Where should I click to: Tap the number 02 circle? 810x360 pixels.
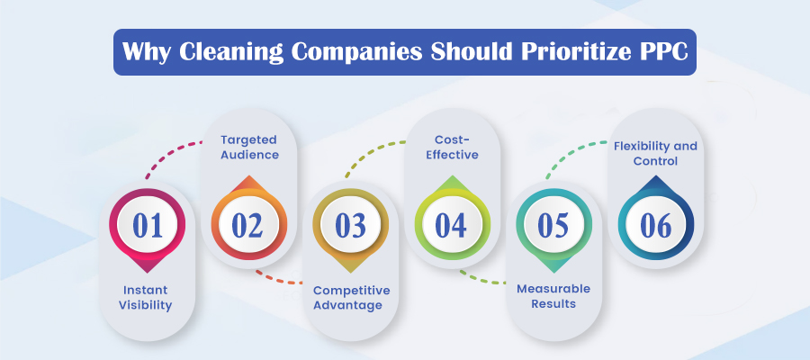pos(248,225)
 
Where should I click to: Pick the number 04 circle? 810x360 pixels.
pos(452,225)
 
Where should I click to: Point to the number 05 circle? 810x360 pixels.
pos(553,225)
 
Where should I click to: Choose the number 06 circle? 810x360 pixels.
pos(655,225)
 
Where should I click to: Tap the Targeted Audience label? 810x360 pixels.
pos(249,148)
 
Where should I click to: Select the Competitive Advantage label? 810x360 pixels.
pos(350,297)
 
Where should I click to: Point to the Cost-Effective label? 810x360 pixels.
pos(452,148)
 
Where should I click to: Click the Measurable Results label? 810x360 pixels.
pos(553,297)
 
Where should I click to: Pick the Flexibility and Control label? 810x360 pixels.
pos(655,154)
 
